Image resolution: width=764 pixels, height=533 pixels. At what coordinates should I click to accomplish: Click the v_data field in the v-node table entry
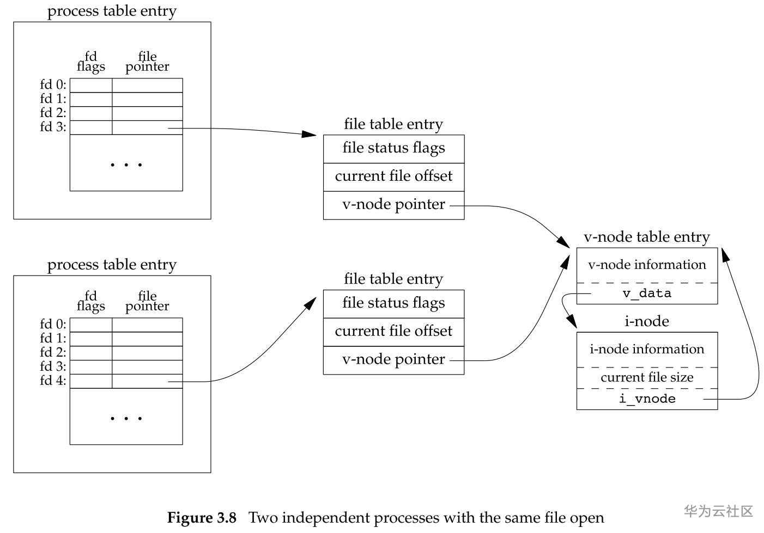647,293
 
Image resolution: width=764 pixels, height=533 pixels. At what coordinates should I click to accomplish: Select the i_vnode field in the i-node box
647,399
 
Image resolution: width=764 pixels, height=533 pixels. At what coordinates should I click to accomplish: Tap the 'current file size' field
647,377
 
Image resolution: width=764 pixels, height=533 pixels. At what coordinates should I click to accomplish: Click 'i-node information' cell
647,349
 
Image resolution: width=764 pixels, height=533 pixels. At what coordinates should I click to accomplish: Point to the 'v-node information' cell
647,265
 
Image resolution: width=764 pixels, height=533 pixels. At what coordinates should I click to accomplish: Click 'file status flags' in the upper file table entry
393,148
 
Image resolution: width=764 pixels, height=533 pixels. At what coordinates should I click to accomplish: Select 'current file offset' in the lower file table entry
393,331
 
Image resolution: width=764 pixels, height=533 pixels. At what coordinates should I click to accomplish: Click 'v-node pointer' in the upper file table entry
393,205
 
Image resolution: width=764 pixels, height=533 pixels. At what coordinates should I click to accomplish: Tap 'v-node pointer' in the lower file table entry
393,359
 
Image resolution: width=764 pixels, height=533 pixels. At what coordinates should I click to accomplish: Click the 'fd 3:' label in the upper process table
53,127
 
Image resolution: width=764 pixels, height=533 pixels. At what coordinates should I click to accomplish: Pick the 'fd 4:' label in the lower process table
53,381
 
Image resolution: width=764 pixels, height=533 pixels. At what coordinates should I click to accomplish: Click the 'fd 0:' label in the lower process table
53,324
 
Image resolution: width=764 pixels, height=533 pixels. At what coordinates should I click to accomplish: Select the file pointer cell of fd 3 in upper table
147,127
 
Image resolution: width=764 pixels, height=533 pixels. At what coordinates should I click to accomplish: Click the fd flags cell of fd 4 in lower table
91,381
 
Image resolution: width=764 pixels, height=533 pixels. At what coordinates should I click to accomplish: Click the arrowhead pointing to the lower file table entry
311,303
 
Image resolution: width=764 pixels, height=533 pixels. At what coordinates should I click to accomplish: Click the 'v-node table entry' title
647,237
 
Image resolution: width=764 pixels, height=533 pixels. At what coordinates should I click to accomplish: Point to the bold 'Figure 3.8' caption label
202,517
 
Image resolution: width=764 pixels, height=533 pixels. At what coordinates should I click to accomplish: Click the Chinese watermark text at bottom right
718,511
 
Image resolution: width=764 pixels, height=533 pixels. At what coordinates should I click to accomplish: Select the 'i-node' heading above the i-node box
647,321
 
